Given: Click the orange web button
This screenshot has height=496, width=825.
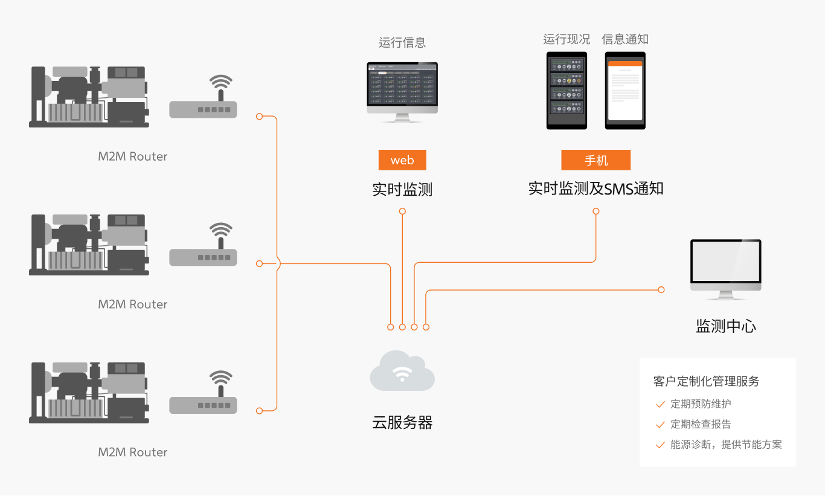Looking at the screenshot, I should pyautogui.click(x=402, y=160).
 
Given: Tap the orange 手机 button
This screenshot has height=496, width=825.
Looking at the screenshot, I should pyautogui.click(x=595, y=160).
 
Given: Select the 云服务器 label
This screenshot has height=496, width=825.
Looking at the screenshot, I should pyautogui.click(x=402, y=423).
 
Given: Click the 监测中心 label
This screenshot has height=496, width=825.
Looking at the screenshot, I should pyautogui.click(x=726, y=327).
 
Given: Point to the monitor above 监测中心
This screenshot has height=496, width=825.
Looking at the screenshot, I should pyautogui.click(x=725, y=266).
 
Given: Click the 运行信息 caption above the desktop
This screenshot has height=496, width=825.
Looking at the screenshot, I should pyautogui.click(x=402, y=42).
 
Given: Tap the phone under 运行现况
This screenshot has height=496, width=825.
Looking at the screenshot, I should pyautogui.click(x=567, y=90).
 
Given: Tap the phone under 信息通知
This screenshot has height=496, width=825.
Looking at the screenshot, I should pyautogui.click(x=625, y=90).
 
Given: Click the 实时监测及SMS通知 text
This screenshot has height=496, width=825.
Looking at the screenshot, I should pyautogui.click(x=595, y=188).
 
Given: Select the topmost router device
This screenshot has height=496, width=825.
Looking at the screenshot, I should pyautogui.click(x=203, y=103).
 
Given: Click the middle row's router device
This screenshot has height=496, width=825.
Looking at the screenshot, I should pyautogui.click(x=203, y=251).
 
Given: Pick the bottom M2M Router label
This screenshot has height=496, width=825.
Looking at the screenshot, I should pyautogui.click(x=132, y=453).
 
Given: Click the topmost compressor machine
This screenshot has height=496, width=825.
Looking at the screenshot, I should pyautogui.click(x=89, y=97).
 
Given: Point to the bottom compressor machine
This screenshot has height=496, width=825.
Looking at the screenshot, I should pyautogui.click(x=89, y=392).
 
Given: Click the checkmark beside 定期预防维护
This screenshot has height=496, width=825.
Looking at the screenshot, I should pyautogui.click(x=660, y=405).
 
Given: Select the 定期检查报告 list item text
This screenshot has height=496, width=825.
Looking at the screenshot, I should pyautogui.click(x=701, y=424).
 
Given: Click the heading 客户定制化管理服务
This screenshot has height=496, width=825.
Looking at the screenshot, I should pyautogui.click(x=706, y=381).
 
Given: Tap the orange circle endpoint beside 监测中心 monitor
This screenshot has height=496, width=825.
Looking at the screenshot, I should pyautogui.click(x=661, y=290).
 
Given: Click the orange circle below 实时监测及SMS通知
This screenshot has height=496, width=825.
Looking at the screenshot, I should pyautogui.click(x=596, y=211).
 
